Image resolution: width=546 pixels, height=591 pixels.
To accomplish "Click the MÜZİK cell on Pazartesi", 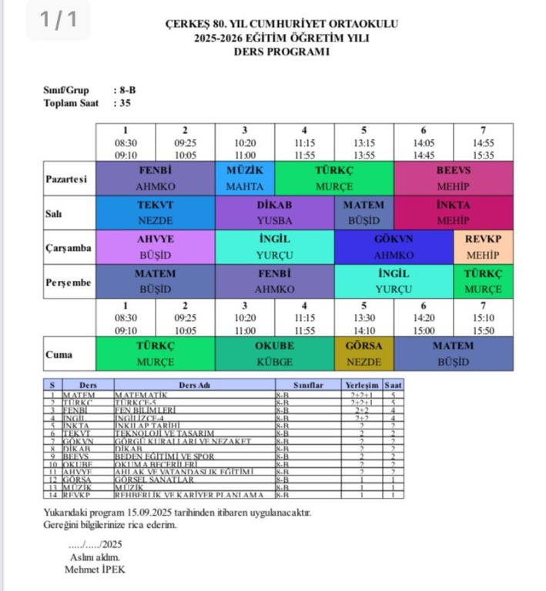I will tap(245, 178).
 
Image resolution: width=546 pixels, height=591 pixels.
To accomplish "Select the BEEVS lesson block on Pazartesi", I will tap(453, 178).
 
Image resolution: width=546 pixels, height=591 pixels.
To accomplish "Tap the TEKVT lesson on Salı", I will tap(156, 212).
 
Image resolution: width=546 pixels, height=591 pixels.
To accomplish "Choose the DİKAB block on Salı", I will tap(275, 212).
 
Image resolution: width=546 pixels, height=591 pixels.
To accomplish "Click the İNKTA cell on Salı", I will tap(453, 212).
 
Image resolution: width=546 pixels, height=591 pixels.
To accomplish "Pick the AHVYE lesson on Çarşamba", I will tap(156, 247).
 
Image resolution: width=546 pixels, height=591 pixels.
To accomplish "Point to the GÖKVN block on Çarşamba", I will tap(394, 247).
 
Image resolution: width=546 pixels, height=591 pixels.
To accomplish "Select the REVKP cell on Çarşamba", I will tap(483, 247).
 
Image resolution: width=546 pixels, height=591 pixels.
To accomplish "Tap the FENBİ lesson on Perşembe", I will tap(275, 282).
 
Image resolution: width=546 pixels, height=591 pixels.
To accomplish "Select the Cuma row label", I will tap(59, 355).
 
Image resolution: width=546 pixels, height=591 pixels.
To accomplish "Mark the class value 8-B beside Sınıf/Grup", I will tap(124, 90).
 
